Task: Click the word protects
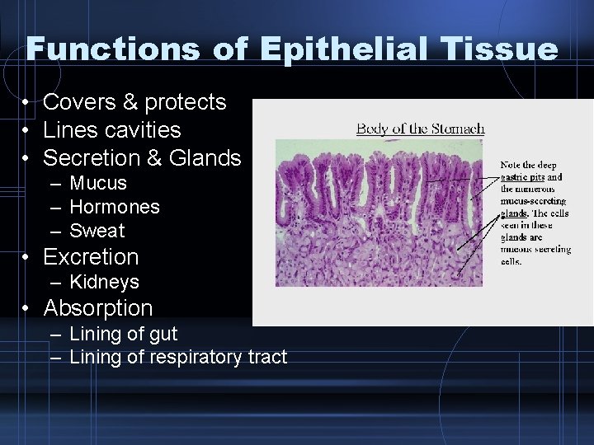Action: click(x=185, y=102)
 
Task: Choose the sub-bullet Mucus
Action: click(x=98, y=183)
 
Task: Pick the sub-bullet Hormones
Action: click(x=115, y=207)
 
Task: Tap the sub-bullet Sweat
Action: click(x=97, y=231)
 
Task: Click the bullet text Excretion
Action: click(x=91, y=257)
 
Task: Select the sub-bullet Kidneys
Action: click(x=104, y=282)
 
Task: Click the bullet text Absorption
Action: click(x=97, y=308)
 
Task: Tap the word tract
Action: click(x=266, y=357)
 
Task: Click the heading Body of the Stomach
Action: click(x=420, y=128)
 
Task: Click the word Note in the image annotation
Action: click(x=511, y=166)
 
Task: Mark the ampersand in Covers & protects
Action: click(x=131, y=102)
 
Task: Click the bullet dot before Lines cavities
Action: click(x=27, y=130)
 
